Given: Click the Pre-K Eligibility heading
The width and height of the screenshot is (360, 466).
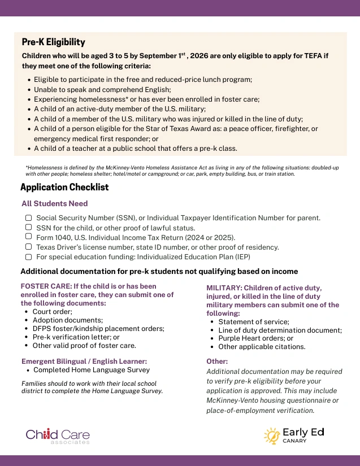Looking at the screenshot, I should [53, 42].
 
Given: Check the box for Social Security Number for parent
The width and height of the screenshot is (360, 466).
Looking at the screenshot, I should [28, 217].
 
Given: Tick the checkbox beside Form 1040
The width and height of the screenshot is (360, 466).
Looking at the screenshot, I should [28, 237].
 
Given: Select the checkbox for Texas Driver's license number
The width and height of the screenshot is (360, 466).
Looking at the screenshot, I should [28, 247].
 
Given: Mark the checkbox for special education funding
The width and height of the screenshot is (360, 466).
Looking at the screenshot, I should [28, 256].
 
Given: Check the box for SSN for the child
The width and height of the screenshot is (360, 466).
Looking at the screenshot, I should [28, 227].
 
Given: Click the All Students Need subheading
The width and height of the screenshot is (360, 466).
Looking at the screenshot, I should [54, 203].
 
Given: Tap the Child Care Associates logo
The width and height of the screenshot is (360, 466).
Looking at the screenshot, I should [58, 435].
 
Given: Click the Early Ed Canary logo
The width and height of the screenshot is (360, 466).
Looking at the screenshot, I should [293, 435].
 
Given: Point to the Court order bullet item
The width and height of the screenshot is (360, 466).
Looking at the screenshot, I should [52, 311].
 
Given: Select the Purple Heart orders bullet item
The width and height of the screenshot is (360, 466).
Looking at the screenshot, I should [248, 338].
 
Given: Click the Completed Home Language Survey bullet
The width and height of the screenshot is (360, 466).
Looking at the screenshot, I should [92, 370].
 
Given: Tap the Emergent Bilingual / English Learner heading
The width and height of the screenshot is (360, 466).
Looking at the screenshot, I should [84, 361].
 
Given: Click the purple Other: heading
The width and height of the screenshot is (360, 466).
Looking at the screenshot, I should [217, 361].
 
